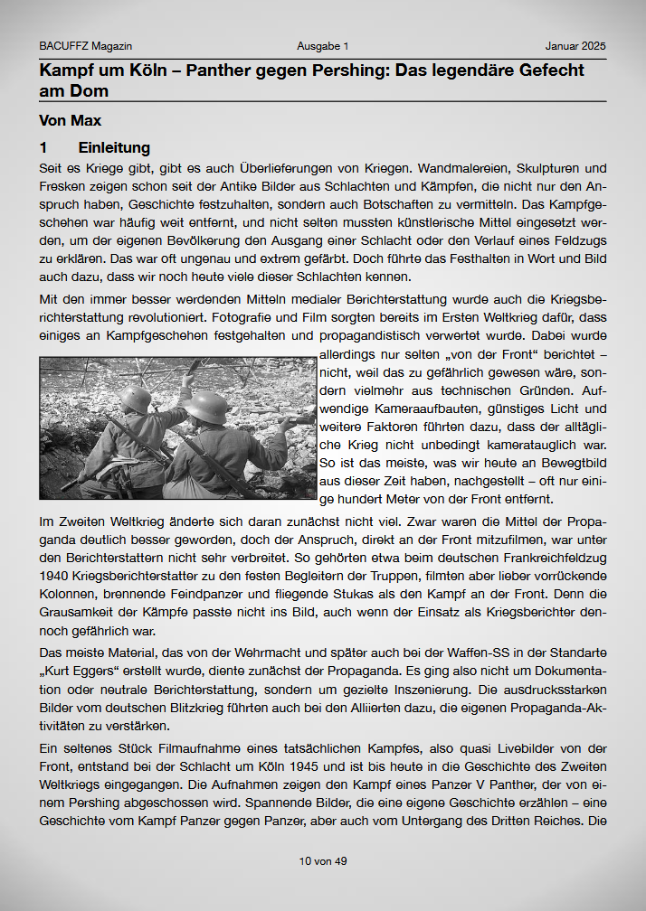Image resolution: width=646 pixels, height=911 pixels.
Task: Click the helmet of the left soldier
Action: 135,398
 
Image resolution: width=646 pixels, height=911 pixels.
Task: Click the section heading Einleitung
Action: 114,147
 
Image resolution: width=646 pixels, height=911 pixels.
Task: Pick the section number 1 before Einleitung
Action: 43,147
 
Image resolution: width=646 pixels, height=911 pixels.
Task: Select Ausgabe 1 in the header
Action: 322,46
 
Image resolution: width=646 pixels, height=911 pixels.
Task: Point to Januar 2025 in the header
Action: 575,46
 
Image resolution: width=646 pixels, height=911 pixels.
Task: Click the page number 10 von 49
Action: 323,861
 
